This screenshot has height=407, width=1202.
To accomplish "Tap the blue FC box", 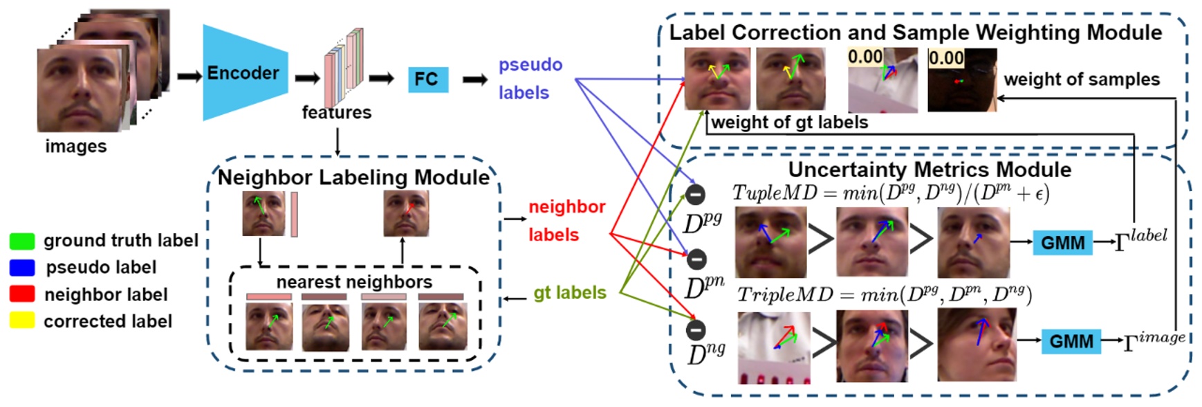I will point(427,80).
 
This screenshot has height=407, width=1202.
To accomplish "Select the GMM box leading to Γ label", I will point(1062,243).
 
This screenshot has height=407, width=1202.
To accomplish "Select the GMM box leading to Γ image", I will point(1071,341).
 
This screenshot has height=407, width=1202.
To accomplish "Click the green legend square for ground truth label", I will point(22,241).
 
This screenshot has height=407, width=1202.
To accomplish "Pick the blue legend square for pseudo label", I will point(22,268).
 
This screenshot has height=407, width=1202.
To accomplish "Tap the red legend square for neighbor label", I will point(22,294).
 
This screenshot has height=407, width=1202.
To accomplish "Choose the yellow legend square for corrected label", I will point(22,320).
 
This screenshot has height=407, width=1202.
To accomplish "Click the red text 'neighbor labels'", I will point(566,221).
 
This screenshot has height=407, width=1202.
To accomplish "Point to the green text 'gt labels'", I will point(569,293).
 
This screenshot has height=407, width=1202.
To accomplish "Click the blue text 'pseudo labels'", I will point(530,78).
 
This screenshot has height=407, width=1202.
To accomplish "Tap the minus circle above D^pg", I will point(695,195).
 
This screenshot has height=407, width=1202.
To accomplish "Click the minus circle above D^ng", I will point(696,330).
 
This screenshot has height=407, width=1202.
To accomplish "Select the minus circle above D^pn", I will point(696,260).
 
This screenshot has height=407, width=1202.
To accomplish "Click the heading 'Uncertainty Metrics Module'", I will point(930,170).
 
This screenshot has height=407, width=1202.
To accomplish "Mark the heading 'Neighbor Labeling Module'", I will point(353,178).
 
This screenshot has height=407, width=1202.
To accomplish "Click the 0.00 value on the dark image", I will point(946,58).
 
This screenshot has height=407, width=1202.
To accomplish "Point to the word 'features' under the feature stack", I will point(336,112).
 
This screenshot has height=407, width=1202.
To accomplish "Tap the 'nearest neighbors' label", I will point(354,282).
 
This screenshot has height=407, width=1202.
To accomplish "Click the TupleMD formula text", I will point(890,193).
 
